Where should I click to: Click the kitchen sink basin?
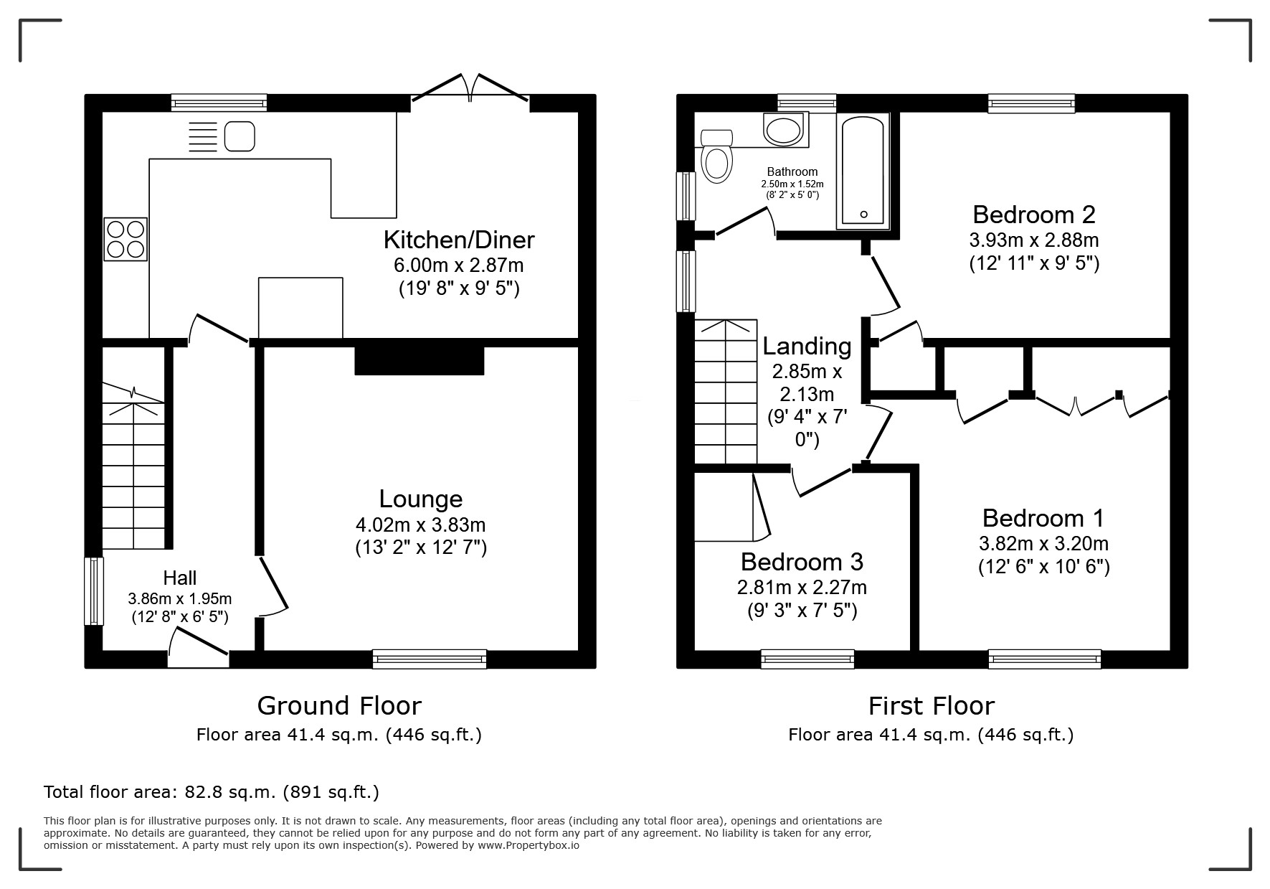tap(240, 136)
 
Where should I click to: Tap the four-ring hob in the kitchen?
tap(126, 239)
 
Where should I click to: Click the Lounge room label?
tap(420, 499)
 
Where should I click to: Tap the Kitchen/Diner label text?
tap(459, 239)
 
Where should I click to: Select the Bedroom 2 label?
tap(1033, 215)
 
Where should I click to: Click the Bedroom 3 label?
tap(802, 561)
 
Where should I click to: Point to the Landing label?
tap(807, 347)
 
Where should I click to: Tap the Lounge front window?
tap(429, 659)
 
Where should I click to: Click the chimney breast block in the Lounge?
tap(420, 361)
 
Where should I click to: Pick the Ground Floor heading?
tap(338, 706)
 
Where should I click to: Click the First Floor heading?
tap(931, 706)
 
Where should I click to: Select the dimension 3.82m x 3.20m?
tap(1043, 543)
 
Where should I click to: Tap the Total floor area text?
tap(211, 792)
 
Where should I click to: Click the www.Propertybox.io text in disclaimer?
tap(528, 845)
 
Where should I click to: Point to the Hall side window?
tap(94, 591)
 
